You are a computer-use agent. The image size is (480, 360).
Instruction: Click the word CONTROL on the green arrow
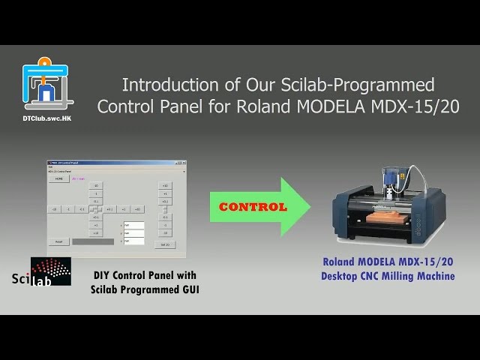(x=253, y=206)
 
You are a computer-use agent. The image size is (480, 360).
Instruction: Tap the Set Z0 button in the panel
(x=165, y=244)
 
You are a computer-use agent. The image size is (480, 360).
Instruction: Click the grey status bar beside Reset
(x=93, y=241)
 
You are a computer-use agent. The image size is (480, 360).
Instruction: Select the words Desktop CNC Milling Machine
(x=388, y=276)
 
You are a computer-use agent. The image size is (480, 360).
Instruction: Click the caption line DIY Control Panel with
(x=145, y=276)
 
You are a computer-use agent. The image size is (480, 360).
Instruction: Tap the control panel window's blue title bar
(x=116, y=162)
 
